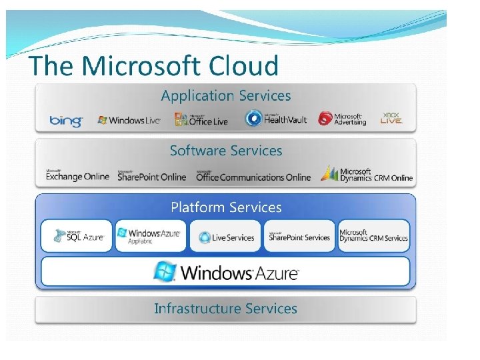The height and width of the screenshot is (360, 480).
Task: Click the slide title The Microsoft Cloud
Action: coord(153,66)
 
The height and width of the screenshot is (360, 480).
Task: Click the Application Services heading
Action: coord(226,95)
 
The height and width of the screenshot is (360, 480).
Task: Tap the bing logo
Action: coord(66,121)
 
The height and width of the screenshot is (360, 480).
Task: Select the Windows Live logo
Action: coord(129,120)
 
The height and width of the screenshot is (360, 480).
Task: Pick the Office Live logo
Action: coord(201,119)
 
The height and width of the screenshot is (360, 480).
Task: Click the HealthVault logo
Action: coord(276,119)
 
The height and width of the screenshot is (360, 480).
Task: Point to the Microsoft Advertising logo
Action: coord(342,119)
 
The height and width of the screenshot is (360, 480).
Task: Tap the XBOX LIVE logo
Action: coord(391,118)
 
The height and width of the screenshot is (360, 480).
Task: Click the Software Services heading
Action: coord(226,151)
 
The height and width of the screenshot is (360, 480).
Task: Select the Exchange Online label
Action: coord(77,175)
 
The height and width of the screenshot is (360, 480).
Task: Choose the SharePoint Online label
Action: coord(152,176)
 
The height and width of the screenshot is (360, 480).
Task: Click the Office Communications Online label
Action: coord(253,176)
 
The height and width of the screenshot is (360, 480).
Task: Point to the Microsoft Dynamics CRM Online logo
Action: coord(367,175)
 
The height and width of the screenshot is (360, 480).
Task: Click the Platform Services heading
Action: coord(226,207)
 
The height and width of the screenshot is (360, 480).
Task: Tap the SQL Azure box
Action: coord(78,236)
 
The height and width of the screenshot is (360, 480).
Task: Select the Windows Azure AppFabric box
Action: coord(151,236)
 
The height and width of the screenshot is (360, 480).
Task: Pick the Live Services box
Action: coord(225,237)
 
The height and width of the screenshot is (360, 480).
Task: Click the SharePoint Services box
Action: coord(299,237)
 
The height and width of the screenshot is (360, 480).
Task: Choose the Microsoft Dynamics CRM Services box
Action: coord(373,236)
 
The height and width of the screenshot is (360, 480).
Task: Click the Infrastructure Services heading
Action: coord(226,309)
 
